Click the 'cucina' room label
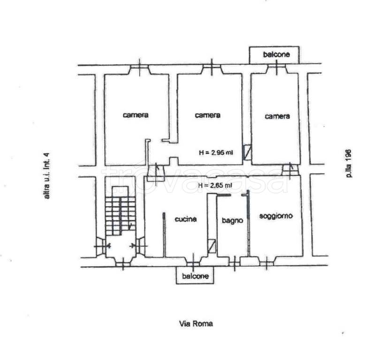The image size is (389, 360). pyautogui.click(x=185, y=219)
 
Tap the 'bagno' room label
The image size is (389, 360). pyautogui.click(x=232, y=220)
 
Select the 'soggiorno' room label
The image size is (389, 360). pyautogui.click(x=276, y=216)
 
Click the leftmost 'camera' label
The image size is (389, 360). pyautogui.click(x=136, y=115)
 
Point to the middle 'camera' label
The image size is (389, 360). pyautogui.click(x=208, y=115)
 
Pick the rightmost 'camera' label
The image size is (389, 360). pyautogui.click(x=277, y=116)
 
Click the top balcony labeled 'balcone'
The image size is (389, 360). pyautogui.click(x=274, y=55)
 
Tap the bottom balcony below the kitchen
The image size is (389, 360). pyautogui.click(x=195, y=275)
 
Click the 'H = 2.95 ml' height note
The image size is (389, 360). pyautogui.click(x=216, y=152)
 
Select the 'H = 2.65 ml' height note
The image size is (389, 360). pyautogui.click(x=215, y=185)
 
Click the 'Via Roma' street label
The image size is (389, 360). pyautogui.click(x=196, y=323)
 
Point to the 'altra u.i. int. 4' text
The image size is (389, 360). pyautogui.click(x=46, y=176)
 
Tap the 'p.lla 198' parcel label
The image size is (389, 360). pyautogui.click(x=349, y=164)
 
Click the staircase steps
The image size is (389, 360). pyautogui.click(x=121, y=216)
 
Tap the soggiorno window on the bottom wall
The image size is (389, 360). pyautogui.click(x=267, y=263)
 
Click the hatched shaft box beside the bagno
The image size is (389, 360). pyautogui.click(x=212, y=246)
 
